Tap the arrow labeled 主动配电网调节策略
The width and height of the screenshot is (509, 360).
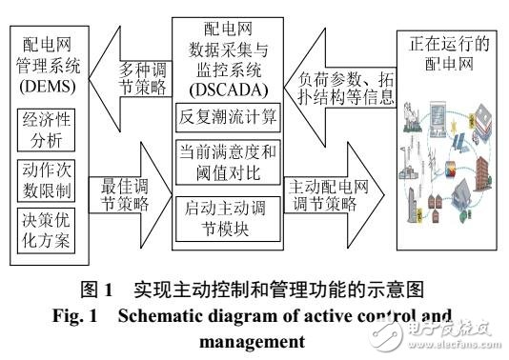pyautogui.click(x=329, y=194)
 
